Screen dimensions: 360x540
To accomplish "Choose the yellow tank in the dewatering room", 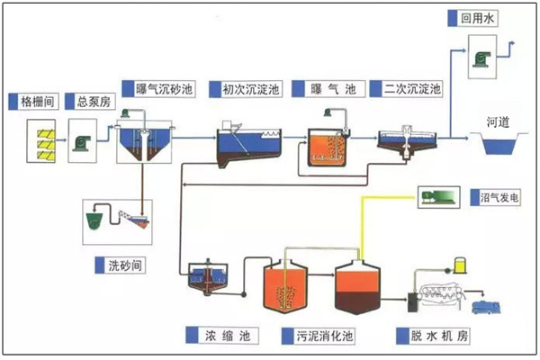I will tap(461, 265).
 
